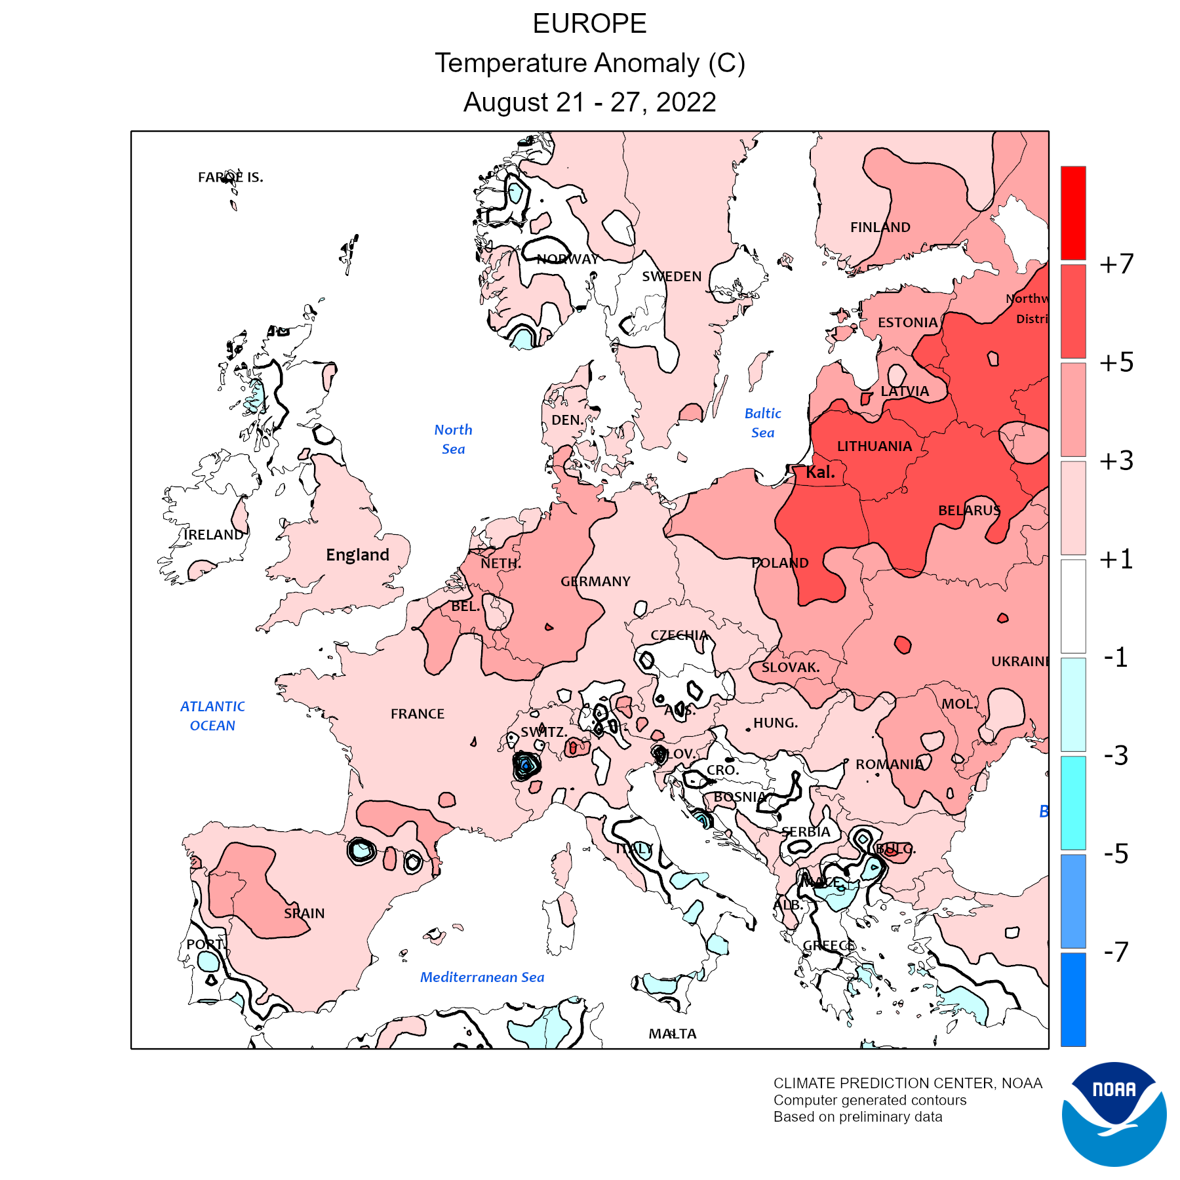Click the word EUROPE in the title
point(589,24)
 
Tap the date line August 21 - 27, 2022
point(589,102)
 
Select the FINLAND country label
point(880,227)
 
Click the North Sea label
point(453,439)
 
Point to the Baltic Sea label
point(762,423)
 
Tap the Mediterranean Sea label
point(482,977)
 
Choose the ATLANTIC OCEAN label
point(212,716)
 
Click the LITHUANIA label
point(875,446)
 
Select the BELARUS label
point(969,511)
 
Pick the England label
point(357,555)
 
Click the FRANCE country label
point(418,714)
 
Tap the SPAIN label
point(304,913)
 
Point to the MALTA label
point(673,1034)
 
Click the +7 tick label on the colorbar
point(1116,264)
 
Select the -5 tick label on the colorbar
point(1116,854)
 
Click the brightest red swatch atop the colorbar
point(1073,213)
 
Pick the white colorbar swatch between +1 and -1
point(1073,606)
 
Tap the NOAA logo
point(1114,1114)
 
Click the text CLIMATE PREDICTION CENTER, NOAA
point(907,1083)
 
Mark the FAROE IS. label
point(231,177)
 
